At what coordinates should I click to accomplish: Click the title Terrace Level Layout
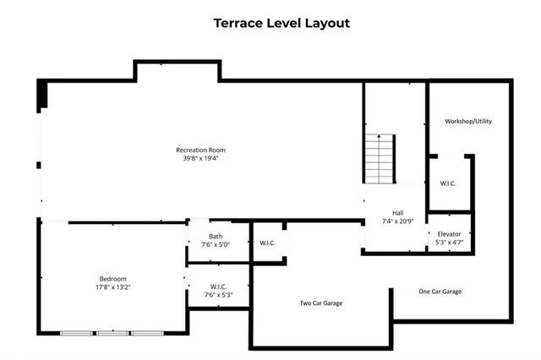(x=281, y=24)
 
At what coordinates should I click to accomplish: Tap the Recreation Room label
(x=200, y=150)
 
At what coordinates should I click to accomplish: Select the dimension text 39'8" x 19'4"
(x=200, y=159)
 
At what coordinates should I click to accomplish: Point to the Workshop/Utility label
(x=468, y=122)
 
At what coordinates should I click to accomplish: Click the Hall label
(x=397, y=213)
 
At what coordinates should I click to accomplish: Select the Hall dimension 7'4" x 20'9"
(x=397, y=221)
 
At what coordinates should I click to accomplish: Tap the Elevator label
(x=449, y=234)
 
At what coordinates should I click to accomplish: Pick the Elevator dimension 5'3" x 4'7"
(x=449, y=243)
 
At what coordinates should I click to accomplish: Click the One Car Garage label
(x=440, y=292)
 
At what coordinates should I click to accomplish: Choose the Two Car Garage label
(x=321, y=303)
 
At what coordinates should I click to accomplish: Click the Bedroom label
(x=112, y=279)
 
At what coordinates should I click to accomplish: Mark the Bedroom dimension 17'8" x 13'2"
(x=112, y=287)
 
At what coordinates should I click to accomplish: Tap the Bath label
(x=217, y=236)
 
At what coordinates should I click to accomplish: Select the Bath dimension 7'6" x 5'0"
(x=217, y=244)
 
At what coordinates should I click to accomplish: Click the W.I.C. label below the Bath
(x=217, y=286)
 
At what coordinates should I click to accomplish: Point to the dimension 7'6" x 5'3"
(x=217, y=295)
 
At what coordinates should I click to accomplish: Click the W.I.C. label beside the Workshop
(x=448, y=183)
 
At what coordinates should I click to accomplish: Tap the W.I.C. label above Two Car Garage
(x=267, y=243)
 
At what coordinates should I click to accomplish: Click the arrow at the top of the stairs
(x=380, y=137)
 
